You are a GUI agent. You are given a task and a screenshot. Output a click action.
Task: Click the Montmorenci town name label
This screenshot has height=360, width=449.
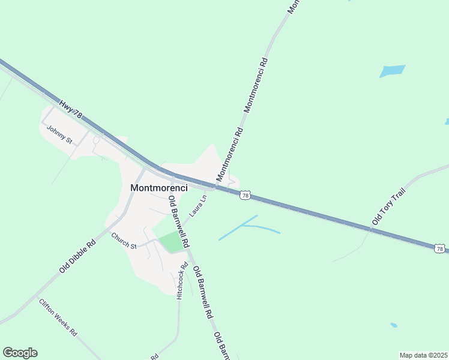pyautogui.click(x=159, y=187)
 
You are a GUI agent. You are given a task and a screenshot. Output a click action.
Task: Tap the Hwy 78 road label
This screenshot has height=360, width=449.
pyautogui.click(x=70, y=107)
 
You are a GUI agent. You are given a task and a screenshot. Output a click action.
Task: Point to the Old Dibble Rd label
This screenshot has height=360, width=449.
pyautogui.click(x=78, y=257)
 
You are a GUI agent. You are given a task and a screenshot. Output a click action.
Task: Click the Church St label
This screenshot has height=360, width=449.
pyautogui.click(x=124, y=241)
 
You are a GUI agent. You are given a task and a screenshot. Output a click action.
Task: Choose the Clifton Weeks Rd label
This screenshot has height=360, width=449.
pyautogui.click(x=58, y=316)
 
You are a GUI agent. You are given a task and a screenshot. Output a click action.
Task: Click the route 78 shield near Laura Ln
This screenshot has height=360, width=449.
pyautogui.click(x=244, y=195)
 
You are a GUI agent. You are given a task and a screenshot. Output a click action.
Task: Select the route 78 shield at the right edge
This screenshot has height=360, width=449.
pyautogui.click(x=440, y=248)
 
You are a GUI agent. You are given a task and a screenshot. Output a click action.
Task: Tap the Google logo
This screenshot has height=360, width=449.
pyautogui.click(x=20, y=353)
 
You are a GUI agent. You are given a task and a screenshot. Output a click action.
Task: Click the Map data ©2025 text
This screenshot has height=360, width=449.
pyautogui.click(x=423, y=355)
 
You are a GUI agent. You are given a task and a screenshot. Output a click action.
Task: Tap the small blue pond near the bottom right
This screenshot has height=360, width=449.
pyautogui.click(x=393, y=325)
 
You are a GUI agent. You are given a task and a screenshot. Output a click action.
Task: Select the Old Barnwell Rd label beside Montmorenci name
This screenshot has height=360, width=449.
pyautogui.click(x=178, y=222)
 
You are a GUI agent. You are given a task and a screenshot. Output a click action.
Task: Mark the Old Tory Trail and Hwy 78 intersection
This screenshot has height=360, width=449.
pyautogui.click(x=371, y=229)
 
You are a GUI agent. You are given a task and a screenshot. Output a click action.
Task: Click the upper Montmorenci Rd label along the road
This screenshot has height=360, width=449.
pyautogui.click(x=256, y=85)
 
